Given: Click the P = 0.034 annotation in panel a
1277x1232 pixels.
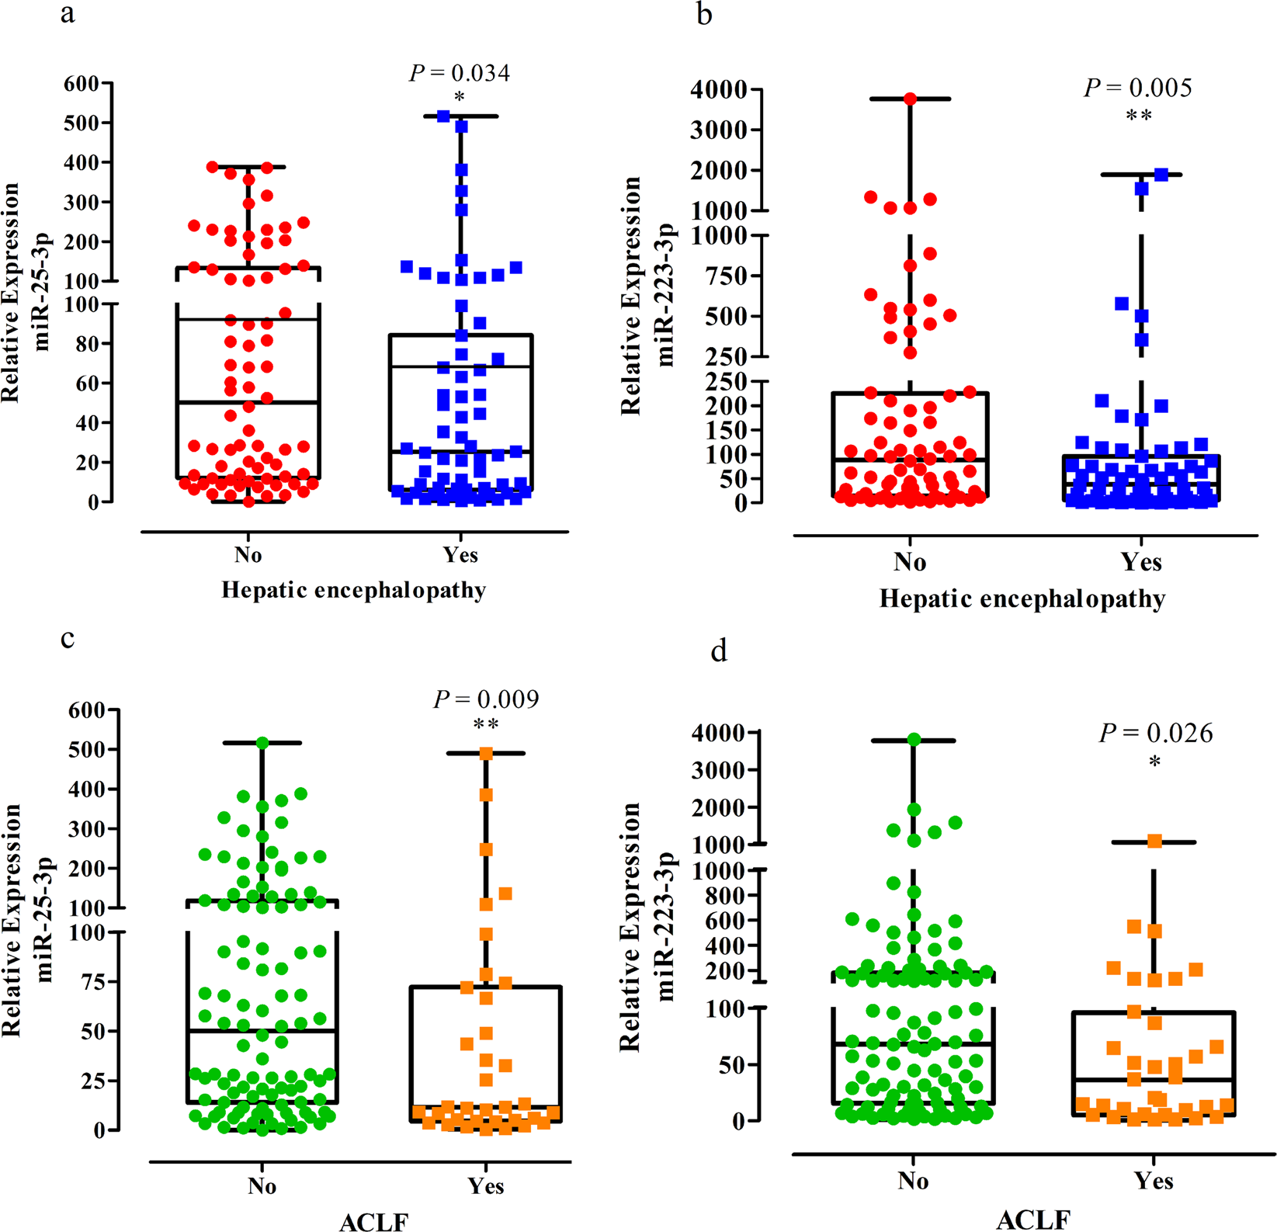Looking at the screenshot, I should pos(460,74).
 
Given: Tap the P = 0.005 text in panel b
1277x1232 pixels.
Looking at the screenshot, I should pos(1138,88).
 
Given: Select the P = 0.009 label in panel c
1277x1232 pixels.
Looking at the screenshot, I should pos(486,699).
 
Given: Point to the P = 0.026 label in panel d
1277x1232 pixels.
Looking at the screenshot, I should pos(1156,733).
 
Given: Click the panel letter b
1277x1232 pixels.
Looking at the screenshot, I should pos(704,14).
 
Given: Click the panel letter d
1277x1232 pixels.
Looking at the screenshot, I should pos(719,651).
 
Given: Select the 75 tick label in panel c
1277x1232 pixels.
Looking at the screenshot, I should pos(96,982).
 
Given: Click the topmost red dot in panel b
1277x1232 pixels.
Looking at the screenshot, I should pos(910,99).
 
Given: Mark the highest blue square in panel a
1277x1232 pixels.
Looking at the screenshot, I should pos(444,116).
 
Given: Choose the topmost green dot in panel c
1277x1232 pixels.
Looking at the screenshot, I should pos(262,743).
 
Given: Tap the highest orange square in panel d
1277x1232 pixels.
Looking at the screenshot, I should pos(1154,842).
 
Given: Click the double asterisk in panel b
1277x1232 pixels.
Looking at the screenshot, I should pos(1139,116).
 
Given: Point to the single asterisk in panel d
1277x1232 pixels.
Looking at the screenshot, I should pos(1155,762).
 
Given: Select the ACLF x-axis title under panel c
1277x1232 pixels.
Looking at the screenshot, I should pos(373,1222).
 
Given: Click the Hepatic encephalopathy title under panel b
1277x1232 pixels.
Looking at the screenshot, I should pos(1022,599).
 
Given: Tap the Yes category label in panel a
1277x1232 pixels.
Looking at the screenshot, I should pos(460,555).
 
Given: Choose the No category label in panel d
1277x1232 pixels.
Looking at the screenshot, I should pos(913,1181).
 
